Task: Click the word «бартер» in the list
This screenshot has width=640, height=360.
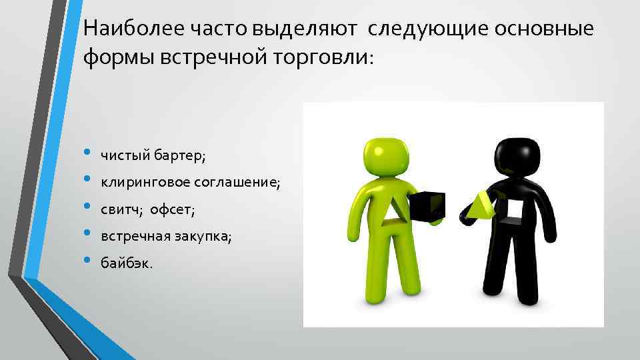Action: (179, 156)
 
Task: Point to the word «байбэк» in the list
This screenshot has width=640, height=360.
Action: (125, 263)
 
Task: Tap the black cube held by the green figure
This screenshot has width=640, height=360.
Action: (427, 206)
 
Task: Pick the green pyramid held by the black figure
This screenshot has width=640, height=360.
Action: (481, 207)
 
